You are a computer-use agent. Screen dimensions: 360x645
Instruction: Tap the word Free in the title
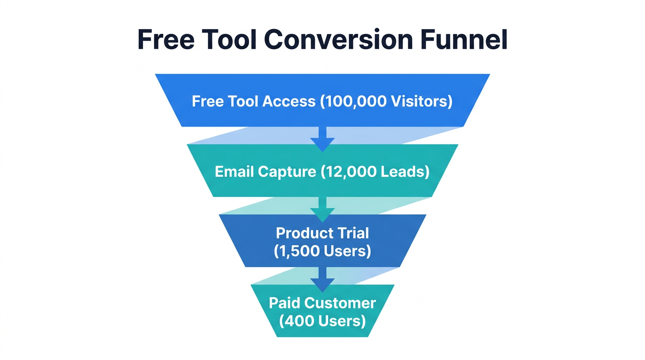(x=166, y=40)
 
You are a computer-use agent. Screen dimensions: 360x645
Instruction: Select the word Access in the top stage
(x=289, y=101)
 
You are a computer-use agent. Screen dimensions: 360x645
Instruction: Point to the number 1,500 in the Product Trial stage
(x=301, y=251)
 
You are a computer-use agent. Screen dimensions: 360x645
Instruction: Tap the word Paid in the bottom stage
(x=285, y=303)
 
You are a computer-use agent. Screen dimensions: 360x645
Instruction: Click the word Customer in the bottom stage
(x=340, y=303)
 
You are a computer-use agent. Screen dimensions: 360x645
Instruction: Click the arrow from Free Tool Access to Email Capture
(x=322, y=139)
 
